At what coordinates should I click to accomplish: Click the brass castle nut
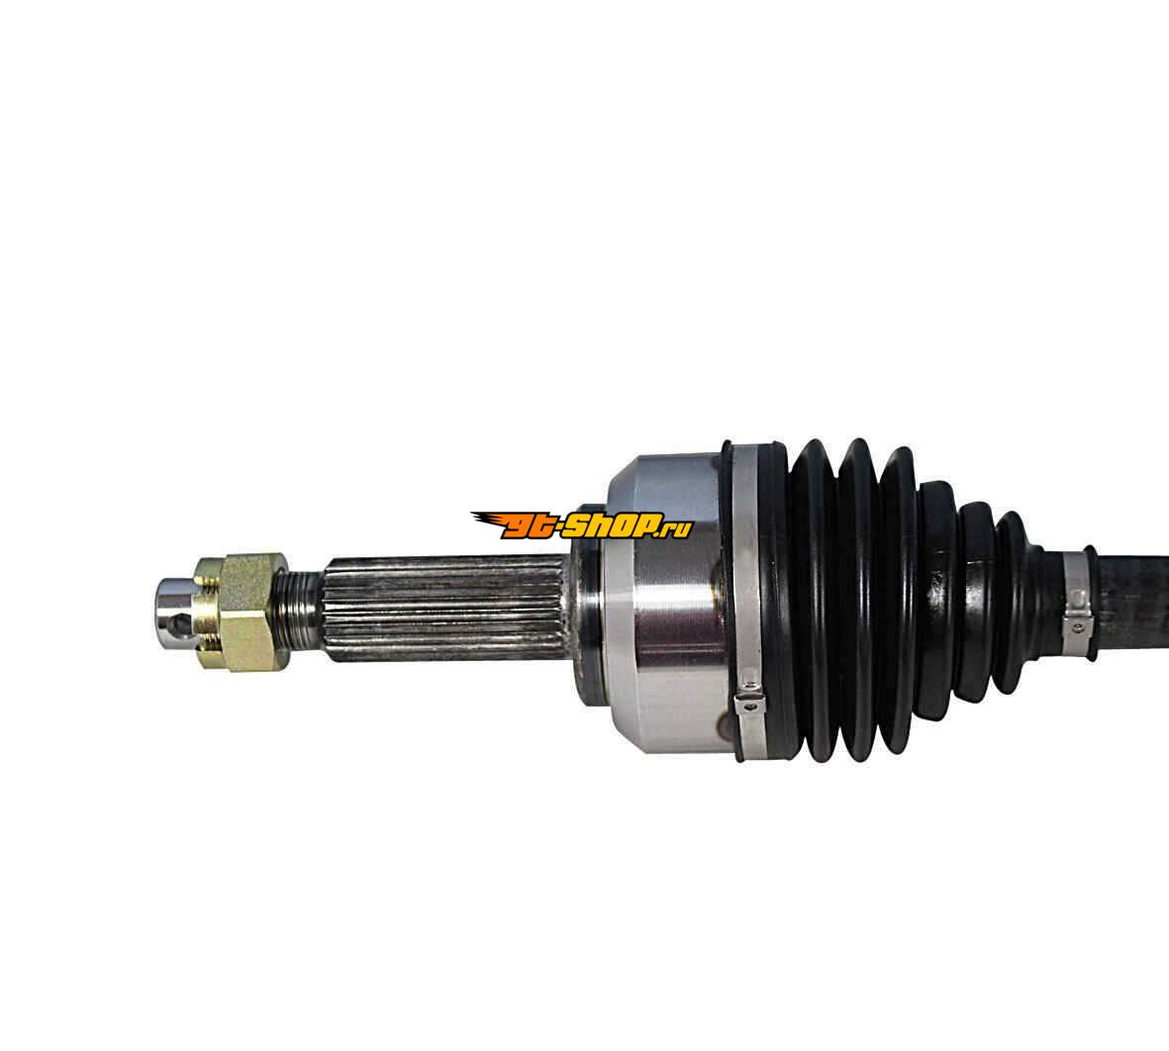point(241,612)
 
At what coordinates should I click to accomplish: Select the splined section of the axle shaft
point(444,609)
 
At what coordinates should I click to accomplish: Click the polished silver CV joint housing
point(666,603)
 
